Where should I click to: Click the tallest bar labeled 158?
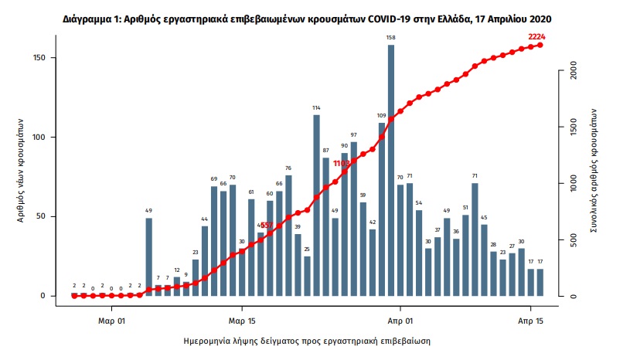tap(391, 170)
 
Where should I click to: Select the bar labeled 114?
tap(317, 205)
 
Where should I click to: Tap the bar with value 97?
tap(354, 219)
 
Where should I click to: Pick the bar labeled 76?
tap(288, 236)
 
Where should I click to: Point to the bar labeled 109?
tap(382, 209)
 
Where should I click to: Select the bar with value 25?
tap(307, 276)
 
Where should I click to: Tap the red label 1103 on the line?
tap(341, 164)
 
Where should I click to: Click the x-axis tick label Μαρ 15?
tap(242, 318)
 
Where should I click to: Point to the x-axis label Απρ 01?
tap(400, 318)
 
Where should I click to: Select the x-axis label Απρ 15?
tap(530, 318)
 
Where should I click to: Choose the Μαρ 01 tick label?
tap(112, 318)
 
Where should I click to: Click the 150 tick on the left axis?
tap(44, 58)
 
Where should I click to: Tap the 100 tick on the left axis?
tap(44, 138)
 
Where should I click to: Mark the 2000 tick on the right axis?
tap(574, 71)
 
